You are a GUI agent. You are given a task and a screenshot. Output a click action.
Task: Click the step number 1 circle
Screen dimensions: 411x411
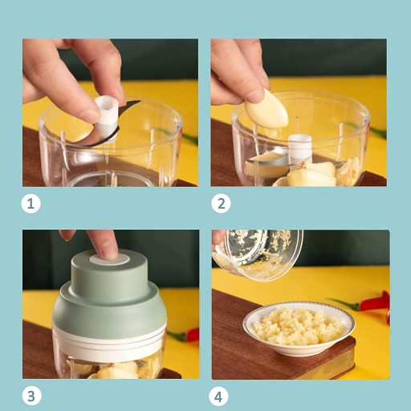pyautogui.click(x=31, y=204)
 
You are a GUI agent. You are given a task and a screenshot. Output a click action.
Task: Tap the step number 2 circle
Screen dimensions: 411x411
pyautogui.click(x=221, y=204)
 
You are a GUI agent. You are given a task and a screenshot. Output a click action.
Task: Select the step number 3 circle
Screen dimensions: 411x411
pyautogui.click(x=31, y=396)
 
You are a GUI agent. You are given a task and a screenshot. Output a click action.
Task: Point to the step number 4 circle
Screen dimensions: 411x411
pyautogui.click(x=218, y=396)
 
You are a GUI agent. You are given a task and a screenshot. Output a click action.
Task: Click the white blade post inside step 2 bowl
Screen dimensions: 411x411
pyautogui.click(x=300, y=149)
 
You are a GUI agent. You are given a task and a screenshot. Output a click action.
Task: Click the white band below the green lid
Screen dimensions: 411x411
pyautogui.click(x=109, y=340)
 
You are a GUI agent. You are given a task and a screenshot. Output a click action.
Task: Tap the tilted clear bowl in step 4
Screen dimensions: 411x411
pyautogui.click(x=258, y=255)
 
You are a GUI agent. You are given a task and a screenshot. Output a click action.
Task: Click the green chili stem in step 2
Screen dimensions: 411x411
pyautogui.click(x=378, y=132)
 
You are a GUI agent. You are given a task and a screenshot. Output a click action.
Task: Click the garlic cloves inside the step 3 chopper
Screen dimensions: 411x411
pyautogui.click(x=115, y=371)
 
